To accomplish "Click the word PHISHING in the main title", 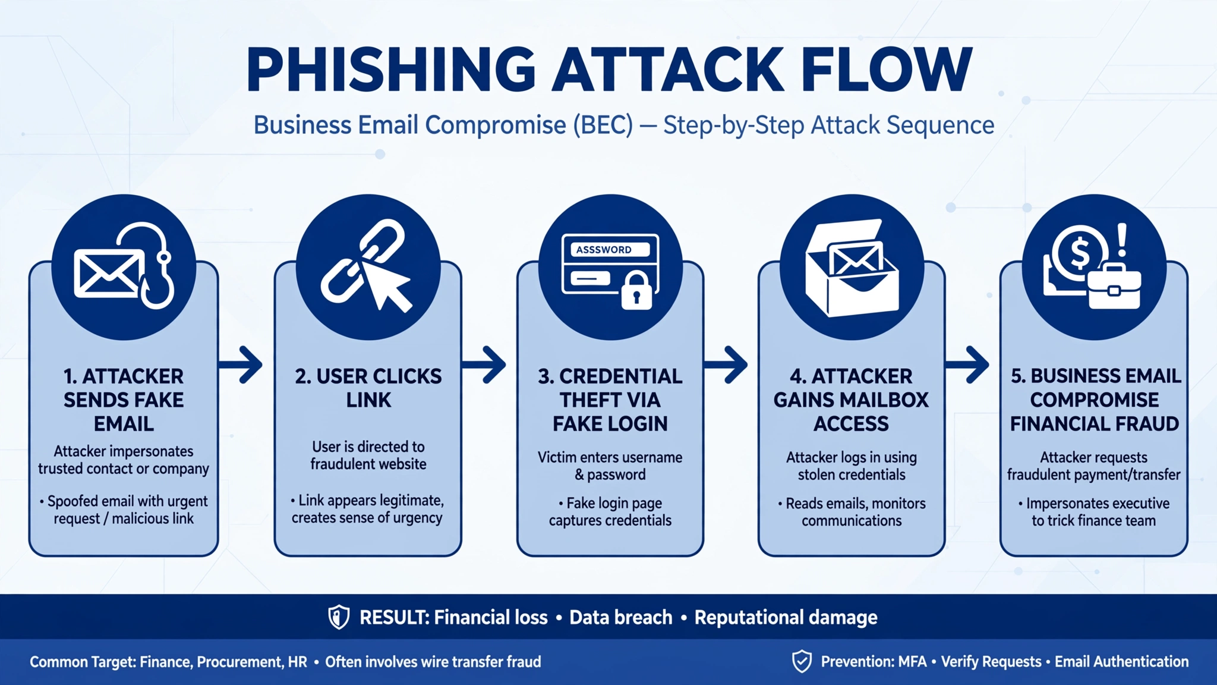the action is [x=391, y=70].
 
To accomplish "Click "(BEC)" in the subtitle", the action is [x=603, y=125].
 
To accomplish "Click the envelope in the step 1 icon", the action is [x=108, y=273].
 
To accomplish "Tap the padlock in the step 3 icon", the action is [x=636, y=291].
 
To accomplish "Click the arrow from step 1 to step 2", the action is [x=240, y=364].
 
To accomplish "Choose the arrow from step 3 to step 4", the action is [x=726, y=364].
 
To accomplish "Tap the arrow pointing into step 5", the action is [x=967, y=364].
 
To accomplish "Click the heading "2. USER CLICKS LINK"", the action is [x=368, y=388].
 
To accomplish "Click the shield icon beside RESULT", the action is [x=339, y=617].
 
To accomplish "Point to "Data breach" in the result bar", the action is [x=621, y=617].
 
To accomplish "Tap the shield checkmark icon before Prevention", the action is [x=802, y=661].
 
